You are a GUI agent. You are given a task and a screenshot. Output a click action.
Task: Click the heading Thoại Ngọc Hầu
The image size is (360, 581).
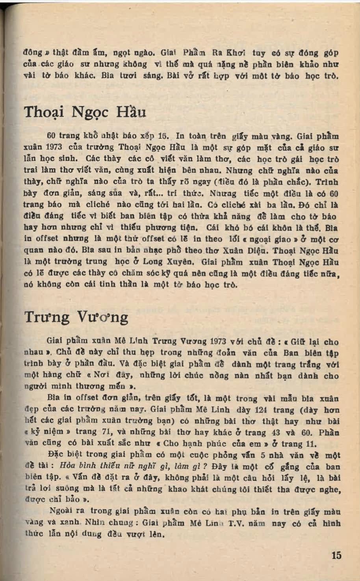(x=85, y=112)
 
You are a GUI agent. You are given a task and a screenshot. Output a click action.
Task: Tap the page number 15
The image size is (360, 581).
(x=336, y=555)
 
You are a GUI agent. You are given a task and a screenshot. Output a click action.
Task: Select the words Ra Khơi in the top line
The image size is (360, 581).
(x=235, y=53)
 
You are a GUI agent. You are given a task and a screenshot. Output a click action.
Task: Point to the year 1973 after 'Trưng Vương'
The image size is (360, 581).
(x=223, y=341)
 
